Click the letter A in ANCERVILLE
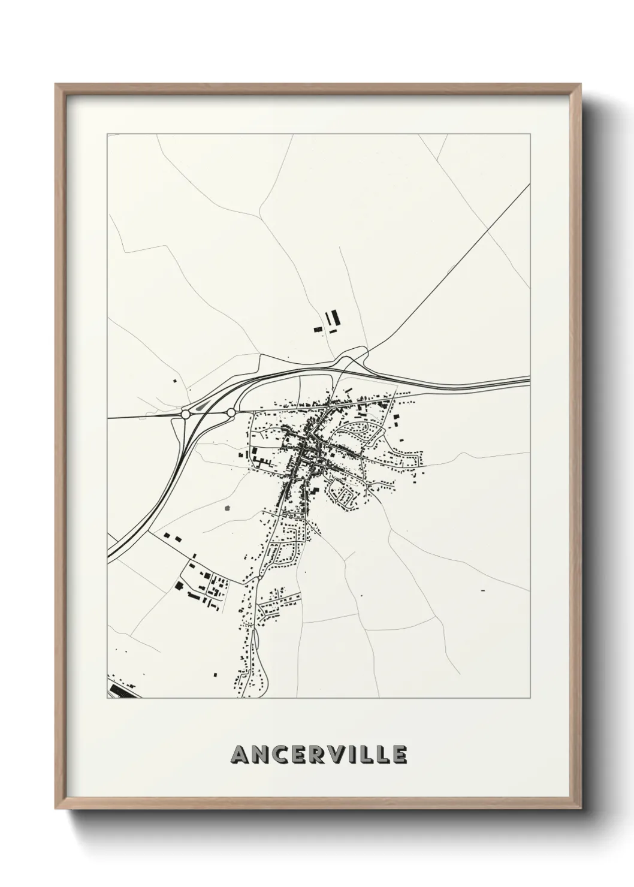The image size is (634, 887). [241, 755]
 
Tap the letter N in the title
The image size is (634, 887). [261, 755]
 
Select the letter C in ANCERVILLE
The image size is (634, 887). [282, 755]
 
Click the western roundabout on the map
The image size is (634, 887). [185, 414]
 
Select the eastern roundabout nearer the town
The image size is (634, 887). [231, 412]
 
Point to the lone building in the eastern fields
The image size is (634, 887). [482, 590]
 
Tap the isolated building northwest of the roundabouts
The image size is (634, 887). [175, 380]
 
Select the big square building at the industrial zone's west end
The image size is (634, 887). [179, 586]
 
